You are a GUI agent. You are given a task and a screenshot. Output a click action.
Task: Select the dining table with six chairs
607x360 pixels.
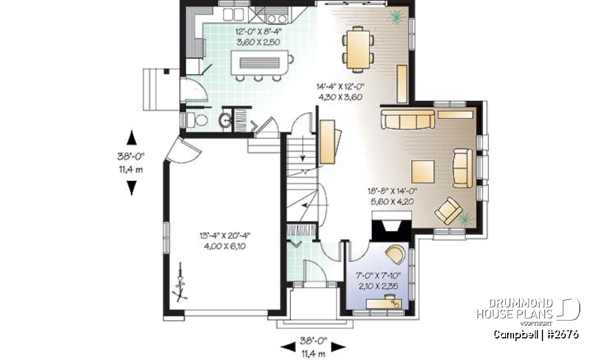click(x=358, y=48)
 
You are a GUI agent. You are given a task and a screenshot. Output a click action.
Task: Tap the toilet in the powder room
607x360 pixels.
click(x=200, y=120)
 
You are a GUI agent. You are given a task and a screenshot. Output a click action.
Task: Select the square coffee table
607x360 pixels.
click(x=423, y=171)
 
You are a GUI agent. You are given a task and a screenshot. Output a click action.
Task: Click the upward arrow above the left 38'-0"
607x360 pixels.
click(x=132, y=137)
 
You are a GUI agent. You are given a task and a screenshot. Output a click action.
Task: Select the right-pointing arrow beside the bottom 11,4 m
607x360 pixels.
click(x=338, y=346)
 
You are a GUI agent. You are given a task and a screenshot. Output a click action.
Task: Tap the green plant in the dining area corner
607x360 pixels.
click(x=396, y=16)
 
